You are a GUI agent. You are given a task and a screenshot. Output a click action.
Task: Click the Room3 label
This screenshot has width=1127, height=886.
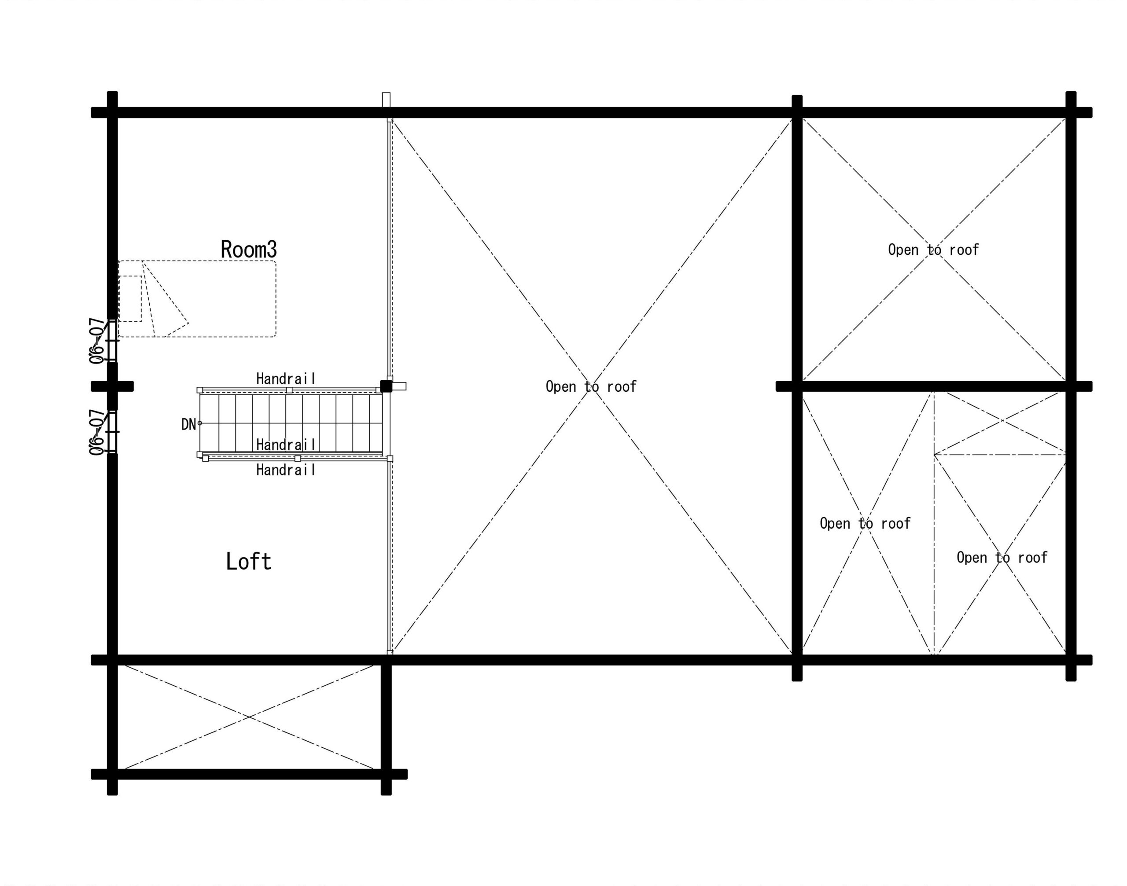tap(249, 249)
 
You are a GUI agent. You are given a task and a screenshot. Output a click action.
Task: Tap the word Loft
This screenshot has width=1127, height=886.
tap(249, 561)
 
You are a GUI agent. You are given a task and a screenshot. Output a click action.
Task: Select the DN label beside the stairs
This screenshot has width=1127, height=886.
tap(188, 424)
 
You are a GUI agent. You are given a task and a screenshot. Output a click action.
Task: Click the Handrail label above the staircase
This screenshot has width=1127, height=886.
tap(286, 379)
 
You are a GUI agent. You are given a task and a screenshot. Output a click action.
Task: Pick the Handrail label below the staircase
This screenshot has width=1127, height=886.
tap(286, 470)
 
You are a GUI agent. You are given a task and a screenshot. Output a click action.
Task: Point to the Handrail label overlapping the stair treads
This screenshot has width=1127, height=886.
tap(286, 445)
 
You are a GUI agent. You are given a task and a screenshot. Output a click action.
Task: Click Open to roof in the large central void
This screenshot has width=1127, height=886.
tap(591, 386)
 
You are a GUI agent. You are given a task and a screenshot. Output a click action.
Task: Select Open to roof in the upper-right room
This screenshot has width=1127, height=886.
tap(933, 250)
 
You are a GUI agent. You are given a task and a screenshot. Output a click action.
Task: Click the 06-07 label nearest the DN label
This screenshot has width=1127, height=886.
tap(96, 432)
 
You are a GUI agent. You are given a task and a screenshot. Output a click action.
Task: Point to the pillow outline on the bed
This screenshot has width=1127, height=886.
tap(130, 299)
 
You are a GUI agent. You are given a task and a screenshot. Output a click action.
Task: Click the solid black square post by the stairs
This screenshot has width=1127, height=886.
tap(386, 386)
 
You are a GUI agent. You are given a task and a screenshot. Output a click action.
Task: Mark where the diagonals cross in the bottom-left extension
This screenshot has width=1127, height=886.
tap(249, 717)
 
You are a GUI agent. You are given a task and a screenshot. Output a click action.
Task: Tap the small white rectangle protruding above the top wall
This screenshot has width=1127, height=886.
tap(386, 100)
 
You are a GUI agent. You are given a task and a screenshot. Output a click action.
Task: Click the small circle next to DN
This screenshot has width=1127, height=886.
tap(200, 423)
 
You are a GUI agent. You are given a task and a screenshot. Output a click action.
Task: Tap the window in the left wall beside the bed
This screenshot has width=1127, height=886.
tap(113, 341)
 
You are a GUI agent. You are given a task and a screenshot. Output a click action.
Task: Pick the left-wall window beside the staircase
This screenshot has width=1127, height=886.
tap(113, 432)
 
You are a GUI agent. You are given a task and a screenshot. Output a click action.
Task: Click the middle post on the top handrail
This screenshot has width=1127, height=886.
tap(289, 390)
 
